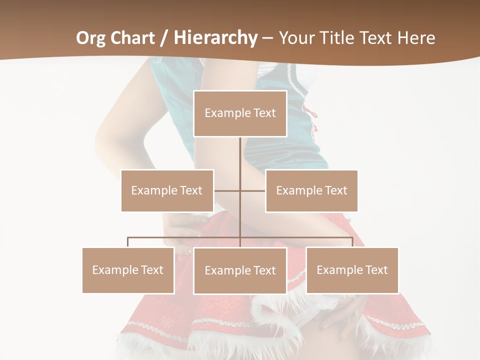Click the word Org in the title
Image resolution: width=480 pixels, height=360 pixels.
pos(91,38)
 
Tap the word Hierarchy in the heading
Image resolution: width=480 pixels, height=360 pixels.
pos(215,38)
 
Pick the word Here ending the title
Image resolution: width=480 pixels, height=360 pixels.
pos(416,38)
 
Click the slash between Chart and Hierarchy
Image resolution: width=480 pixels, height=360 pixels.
pos(164,38)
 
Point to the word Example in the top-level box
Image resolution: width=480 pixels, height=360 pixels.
pos(228,113)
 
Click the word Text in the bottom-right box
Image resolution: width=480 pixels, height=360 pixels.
pos(376,270)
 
